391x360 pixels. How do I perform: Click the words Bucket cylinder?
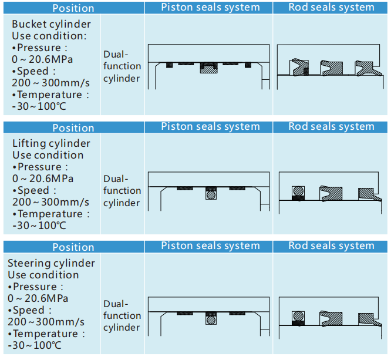[51, 24]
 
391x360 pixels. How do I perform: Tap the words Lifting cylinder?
[51, 143]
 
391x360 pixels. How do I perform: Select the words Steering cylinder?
[51, 263]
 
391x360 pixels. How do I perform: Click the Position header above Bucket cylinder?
[73, 8]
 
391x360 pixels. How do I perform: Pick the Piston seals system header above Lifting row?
[210, 126]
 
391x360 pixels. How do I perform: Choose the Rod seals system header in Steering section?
[331, 245]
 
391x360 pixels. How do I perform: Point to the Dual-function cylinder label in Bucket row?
[122, 66]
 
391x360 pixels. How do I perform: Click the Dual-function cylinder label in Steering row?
[122, 315]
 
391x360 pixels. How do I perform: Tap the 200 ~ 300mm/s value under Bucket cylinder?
[50, 83]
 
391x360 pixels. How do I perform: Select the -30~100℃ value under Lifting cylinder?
[39, 226]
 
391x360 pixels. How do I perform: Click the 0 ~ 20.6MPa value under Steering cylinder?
[38, 298]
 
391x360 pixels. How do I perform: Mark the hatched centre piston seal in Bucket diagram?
[209, 68]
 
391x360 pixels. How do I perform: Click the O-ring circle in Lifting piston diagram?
[211, 195]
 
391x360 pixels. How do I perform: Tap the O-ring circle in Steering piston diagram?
[211, 320]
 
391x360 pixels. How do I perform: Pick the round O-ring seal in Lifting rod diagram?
[298, 191]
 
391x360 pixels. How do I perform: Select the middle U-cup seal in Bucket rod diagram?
[331, 68]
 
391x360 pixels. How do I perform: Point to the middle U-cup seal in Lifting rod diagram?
[331, 193]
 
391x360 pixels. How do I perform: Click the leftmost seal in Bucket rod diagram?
[299, 68]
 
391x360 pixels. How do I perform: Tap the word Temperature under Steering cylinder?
[45, 334]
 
